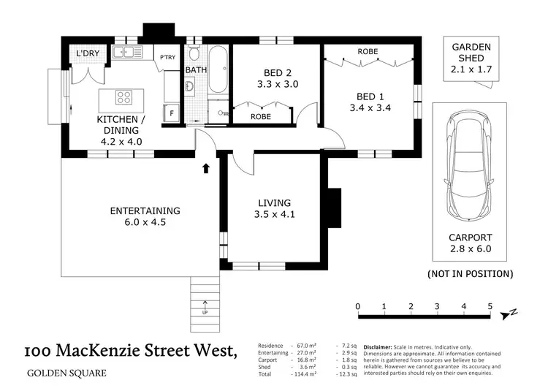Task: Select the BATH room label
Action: tap(195, 70)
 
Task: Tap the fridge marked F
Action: tap(172, 114)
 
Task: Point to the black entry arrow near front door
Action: tap(206, 169)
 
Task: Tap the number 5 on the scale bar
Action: tap(490, 306)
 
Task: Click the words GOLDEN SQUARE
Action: tap(66, 373)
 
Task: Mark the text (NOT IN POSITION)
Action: tap(470, 274)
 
